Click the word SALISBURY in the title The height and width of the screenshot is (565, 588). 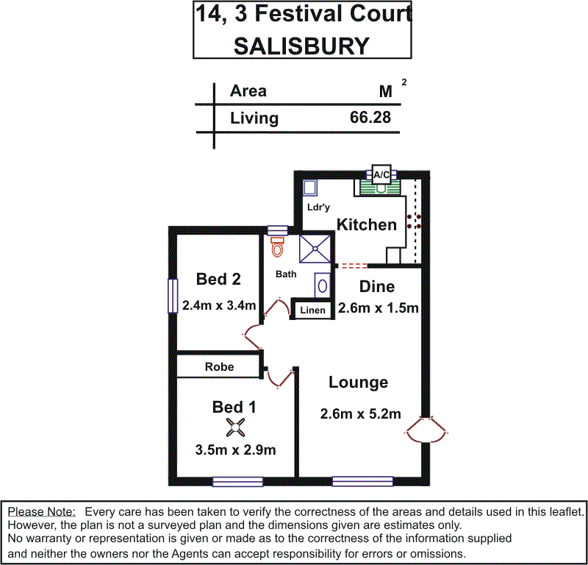coord(301,46)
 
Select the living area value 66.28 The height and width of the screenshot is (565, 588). coord(370,118)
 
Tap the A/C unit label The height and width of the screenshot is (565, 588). coord(381,175)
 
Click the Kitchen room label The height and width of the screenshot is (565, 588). coord(366,225)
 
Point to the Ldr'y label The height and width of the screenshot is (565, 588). coord(318,208)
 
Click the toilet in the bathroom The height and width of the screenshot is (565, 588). coord(277,248)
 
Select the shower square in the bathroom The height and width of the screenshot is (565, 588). coord(315,249)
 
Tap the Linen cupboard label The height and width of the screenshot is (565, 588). coord(312,310)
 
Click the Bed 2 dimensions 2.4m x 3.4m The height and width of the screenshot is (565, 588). coord(218,305)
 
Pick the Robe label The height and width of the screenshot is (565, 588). coord(220,366)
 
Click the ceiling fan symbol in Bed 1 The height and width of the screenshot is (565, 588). coord(234,426)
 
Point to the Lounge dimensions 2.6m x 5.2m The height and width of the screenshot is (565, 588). coord(360,414)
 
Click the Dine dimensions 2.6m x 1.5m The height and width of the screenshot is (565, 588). coord(378,308)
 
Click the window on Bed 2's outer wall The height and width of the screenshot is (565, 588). coord(172,296)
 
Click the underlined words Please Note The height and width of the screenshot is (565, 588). coord(41,511)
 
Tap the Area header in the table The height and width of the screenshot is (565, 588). coord(248,91)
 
